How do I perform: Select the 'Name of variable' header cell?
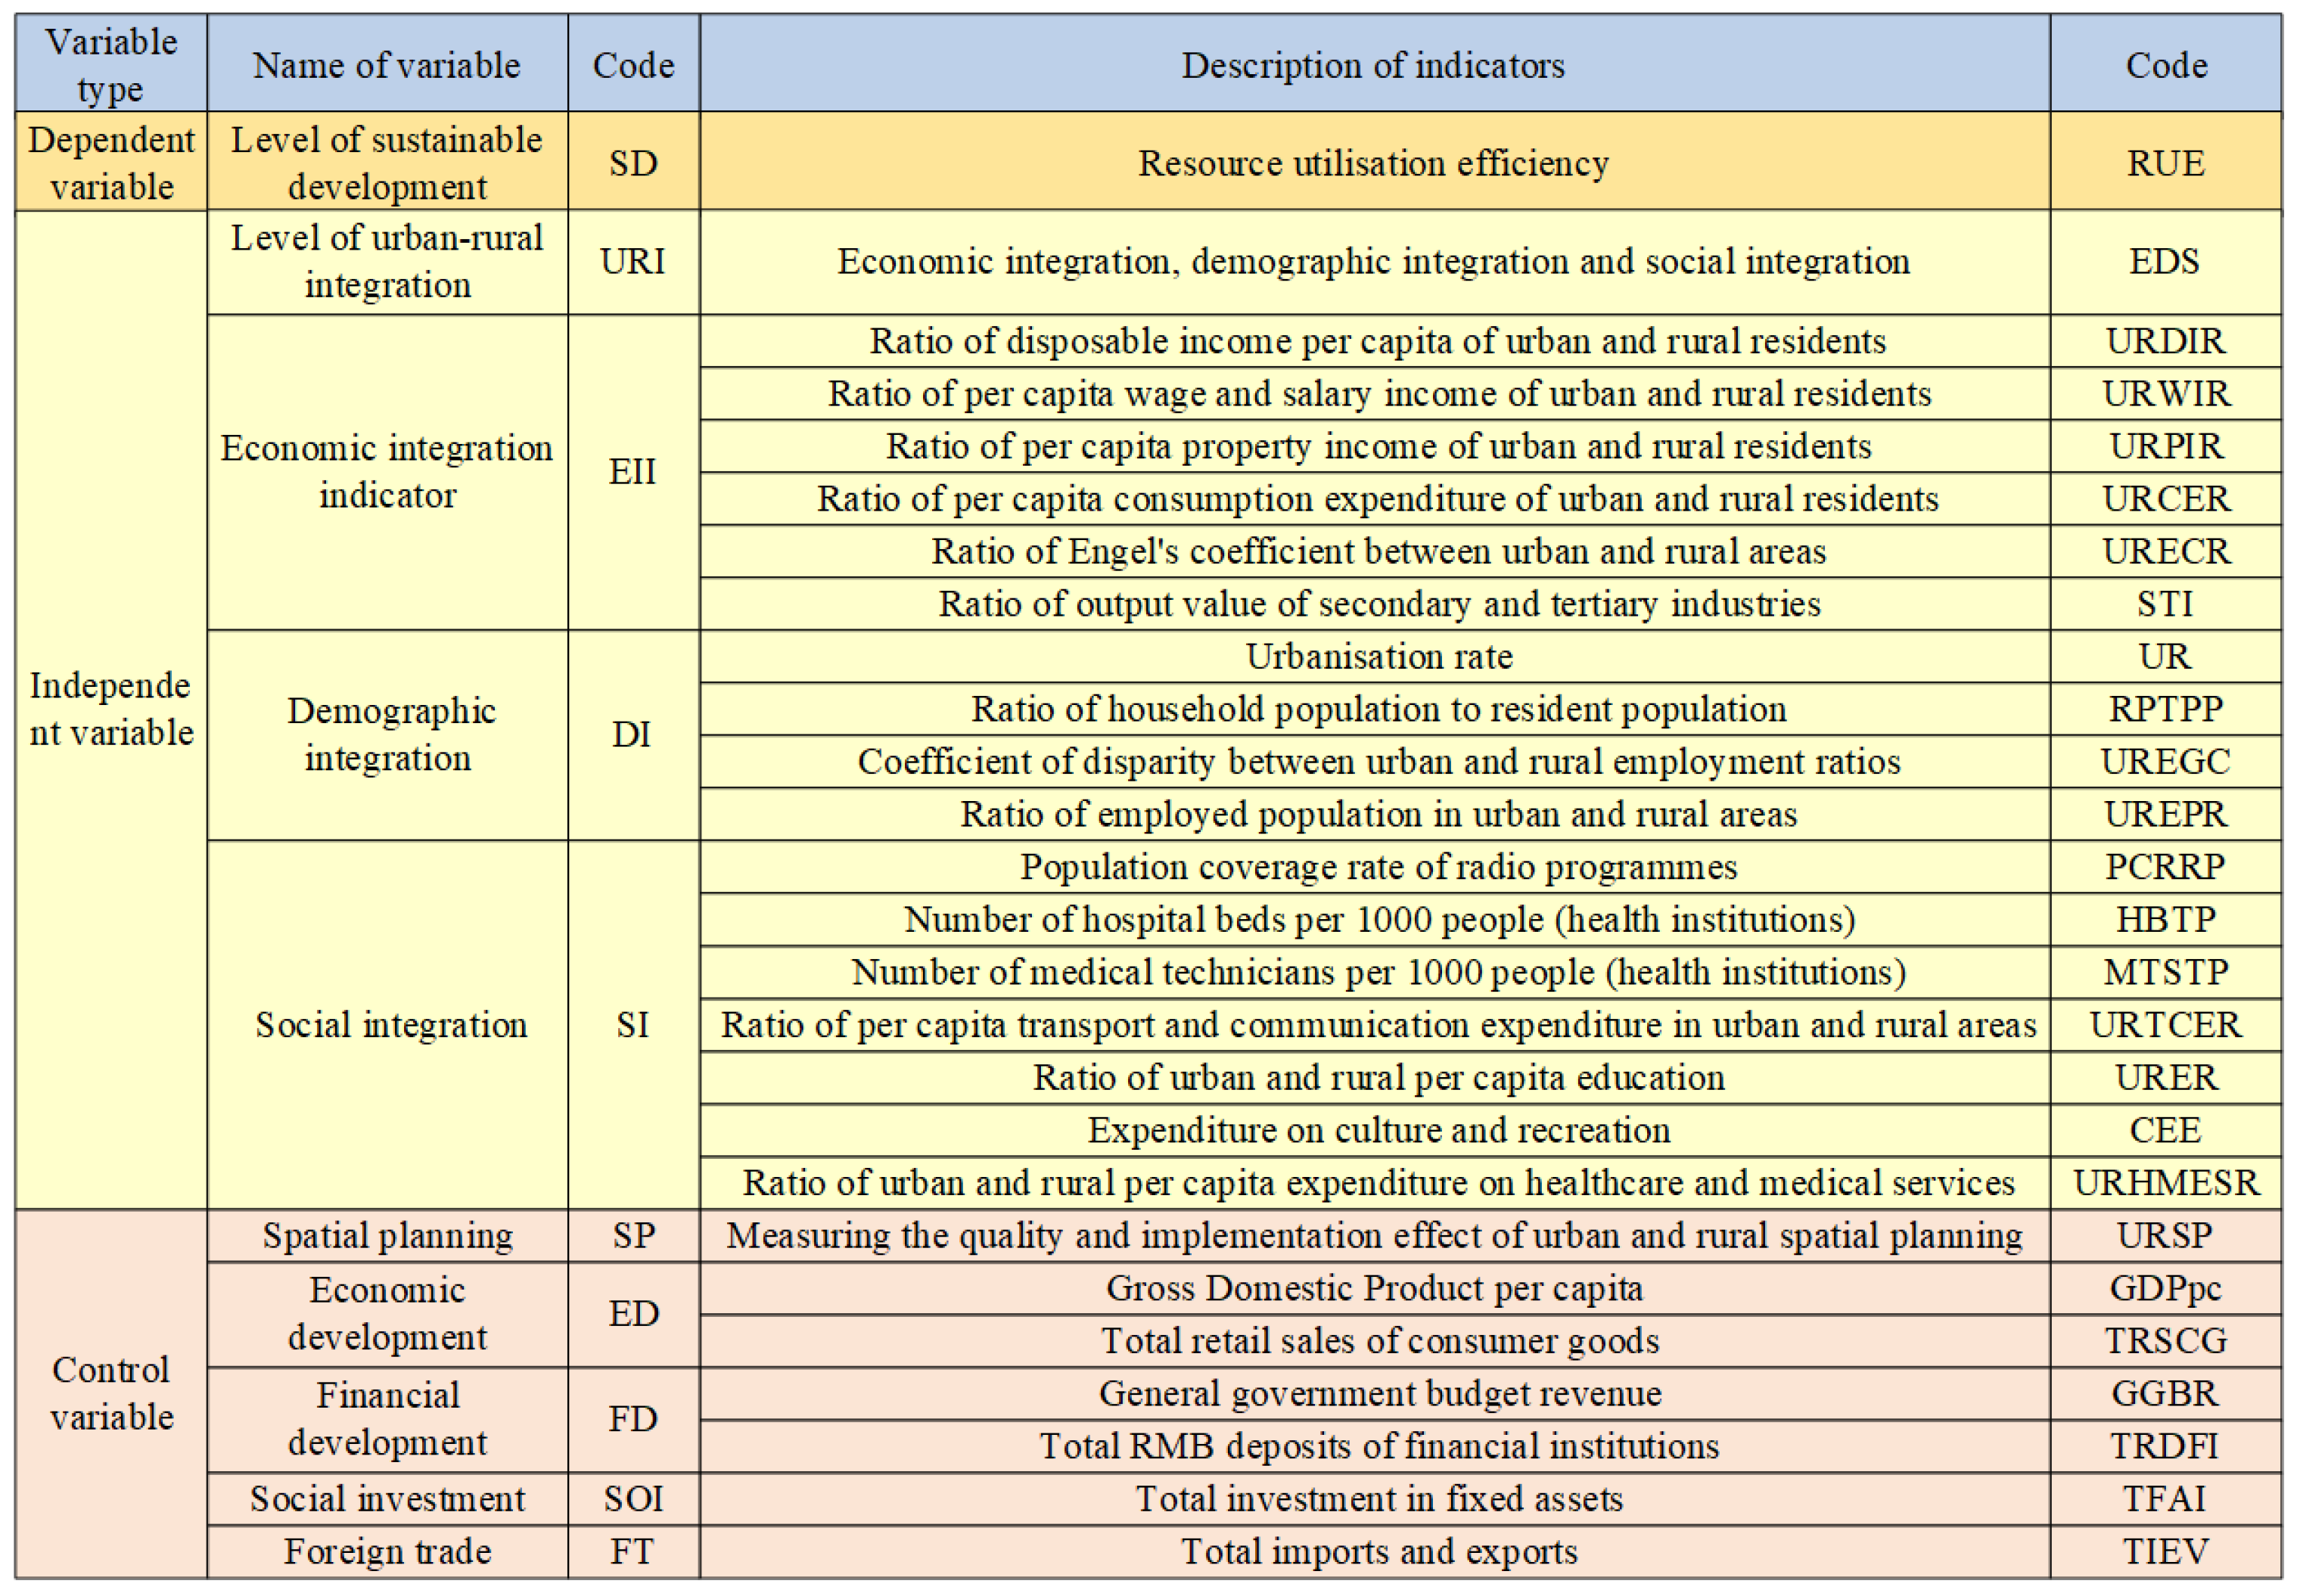(x=387, y=66)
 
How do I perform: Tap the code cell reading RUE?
(x=2165, y=163)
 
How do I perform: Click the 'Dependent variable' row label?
(x=110, y=163)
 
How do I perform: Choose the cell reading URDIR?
(x=2165, y=341)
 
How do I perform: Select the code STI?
(x=2165, y=604)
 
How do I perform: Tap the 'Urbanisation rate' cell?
(x=1378, y=657)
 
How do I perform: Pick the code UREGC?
(x=2165, y=762)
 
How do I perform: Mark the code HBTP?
(x=2165, y=919)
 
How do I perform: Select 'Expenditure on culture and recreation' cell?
(x=1378, y=1130)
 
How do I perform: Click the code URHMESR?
(x=2165, y=1183)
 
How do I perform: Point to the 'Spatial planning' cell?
(x=388, y=1236)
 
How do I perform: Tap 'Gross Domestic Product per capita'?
(x=1374, y=1289)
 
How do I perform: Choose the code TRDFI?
(x=2165, y=1446)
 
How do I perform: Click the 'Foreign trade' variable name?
(x=388, y=1552)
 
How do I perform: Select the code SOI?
(x=633, y=1499)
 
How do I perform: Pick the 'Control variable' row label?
(x=110, y=1393)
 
